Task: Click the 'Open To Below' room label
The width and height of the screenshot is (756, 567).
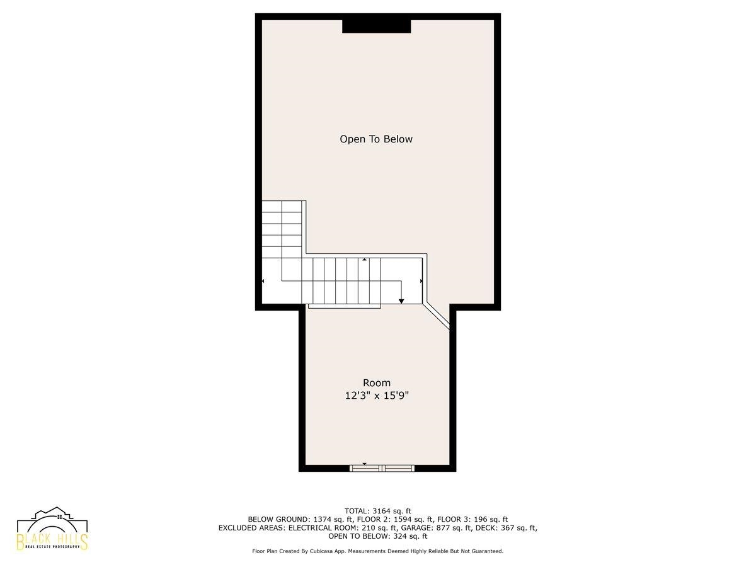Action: coord(375,139)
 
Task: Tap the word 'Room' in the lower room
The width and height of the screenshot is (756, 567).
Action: coord(377,383)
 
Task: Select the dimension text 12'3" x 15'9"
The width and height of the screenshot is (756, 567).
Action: coord(377,396)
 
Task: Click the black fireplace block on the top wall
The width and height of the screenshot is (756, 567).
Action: coord(377,26)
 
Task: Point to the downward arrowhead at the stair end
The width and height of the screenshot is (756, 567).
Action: coord(401,301)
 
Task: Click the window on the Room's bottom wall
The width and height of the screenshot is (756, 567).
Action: coord(382,468)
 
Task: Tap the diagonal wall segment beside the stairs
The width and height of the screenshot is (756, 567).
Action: coord(437,316)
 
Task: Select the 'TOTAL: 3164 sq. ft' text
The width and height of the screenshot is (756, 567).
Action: coord(378,511)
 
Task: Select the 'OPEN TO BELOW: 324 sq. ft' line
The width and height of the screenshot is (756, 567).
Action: coord(378,536)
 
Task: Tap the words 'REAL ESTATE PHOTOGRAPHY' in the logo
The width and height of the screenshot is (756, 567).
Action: coord(52,546)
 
